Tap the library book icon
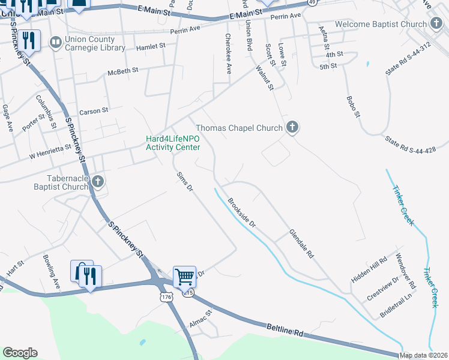click(55, 42)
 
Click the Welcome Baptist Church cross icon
click(436, 23)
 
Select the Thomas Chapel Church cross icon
click(292, 127)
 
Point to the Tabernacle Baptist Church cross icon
click(97, 181)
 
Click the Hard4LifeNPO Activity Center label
click(173, 143)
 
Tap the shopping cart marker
click(184, 277)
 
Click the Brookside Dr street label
click(241, 213)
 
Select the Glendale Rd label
click(301, 244)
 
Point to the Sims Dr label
click(185, 182)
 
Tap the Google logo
click(20, 352)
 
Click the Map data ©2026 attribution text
click(424, 355)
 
